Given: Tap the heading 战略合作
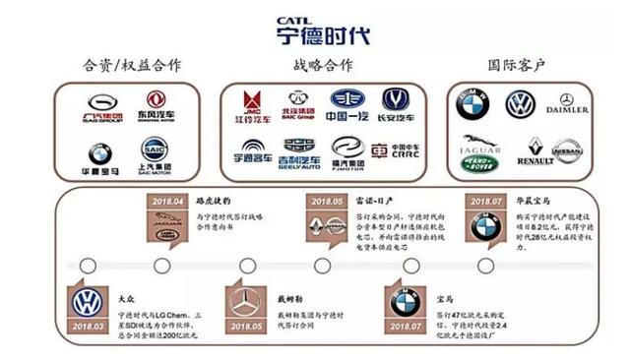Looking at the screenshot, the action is point(322,66).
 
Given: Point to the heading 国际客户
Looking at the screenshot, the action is point(518,66).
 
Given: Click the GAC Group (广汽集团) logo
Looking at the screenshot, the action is point(101,106).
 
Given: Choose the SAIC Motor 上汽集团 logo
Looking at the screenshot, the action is point(155,152).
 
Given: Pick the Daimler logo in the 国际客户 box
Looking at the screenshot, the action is point(566,104).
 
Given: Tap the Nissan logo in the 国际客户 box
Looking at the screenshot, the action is point(565,150).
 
